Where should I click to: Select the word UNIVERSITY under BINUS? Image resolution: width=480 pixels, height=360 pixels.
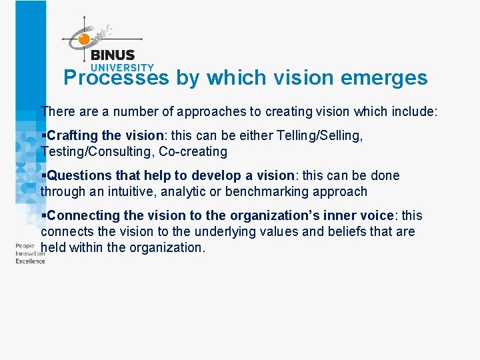(x=121, y=67)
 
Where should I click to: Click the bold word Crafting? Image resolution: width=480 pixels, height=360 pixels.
(x=72, y=135)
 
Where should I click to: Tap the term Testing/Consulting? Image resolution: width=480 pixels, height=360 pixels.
(x=97, y=151)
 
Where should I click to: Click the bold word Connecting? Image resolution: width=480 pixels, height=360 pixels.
(x=81, y=215)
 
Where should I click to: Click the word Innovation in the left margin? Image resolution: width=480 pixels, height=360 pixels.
(x=30, y=253)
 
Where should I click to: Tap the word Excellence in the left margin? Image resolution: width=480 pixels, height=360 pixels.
(x=30, y=261)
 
